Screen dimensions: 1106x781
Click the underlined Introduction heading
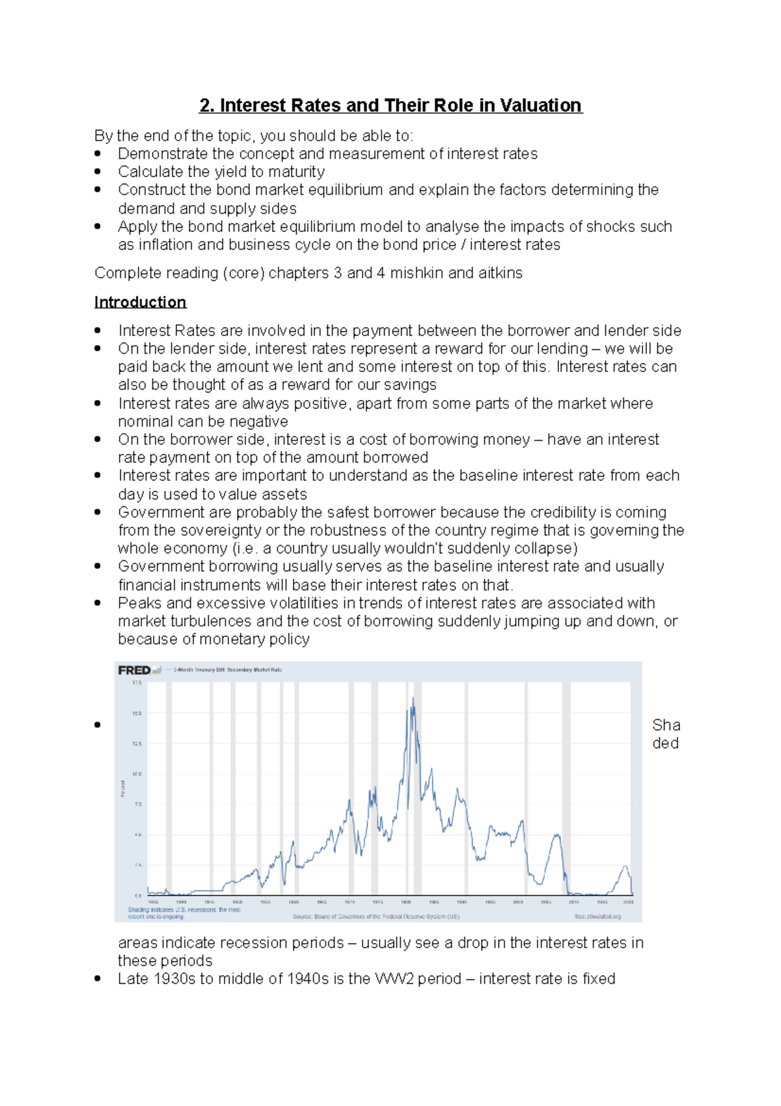click(x=140, y=302)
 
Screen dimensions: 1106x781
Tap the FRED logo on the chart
click(x=135, y=670)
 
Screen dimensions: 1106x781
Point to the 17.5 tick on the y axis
click(x=137, y=683)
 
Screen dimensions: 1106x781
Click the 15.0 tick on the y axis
click(x=137, y=713)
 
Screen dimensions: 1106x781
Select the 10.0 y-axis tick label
click(x=137, y=774)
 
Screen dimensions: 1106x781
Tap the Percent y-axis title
click(x=122, y=788)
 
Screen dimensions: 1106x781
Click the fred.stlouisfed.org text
click(x=597, y=916)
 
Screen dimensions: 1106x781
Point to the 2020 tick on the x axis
click(x=628, y=902)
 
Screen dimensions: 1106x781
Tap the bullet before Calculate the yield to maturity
click(x=98, y=172)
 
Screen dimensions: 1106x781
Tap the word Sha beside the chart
click(x=666, y=726)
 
